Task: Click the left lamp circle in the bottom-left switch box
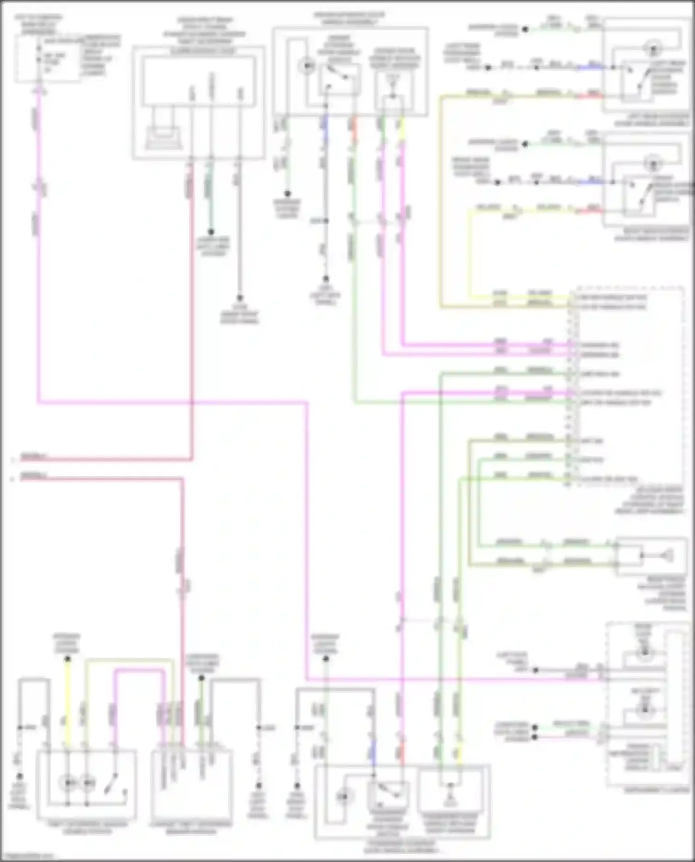[69, 783]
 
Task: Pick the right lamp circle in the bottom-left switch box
[88, 783]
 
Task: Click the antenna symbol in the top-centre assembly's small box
[392, 83]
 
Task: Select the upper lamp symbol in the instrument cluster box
[644, 654]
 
